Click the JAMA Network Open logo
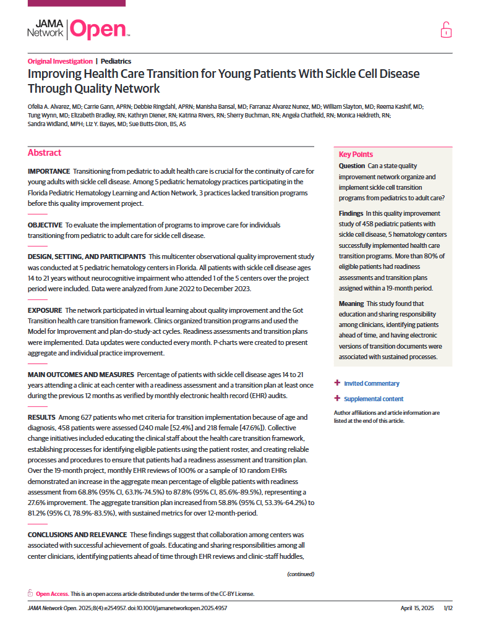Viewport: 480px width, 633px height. [x=78, y=29]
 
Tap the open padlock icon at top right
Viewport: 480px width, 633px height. [x=445, y=29]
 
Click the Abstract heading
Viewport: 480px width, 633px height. [x=45, y=153]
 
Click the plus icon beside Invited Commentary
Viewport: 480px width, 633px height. [x=337, y=383]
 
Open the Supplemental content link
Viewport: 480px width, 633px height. [x=374, y=399]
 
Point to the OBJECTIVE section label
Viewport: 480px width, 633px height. [x=45, y=225]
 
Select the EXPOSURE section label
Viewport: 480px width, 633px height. [x=45, y=310]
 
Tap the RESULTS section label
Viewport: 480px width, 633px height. [x=41, y=417]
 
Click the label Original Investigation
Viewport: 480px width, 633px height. [x=59, y=61]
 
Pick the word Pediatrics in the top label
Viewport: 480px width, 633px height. [x=116, y=61]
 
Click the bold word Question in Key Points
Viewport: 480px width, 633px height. [x=352, y=166]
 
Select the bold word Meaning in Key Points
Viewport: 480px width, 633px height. [x=351, y=304]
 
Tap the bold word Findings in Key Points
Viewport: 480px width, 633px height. [x=351, y=213]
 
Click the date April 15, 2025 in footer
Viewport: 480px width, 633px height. [x=418, y=608]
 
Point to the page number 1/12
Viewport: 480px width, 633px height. [x=448, y=608]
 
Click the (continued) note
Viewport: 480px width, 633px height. [x=301, y=574]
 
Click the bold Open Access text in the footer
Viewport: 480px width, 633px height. [x=52, y=594]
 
